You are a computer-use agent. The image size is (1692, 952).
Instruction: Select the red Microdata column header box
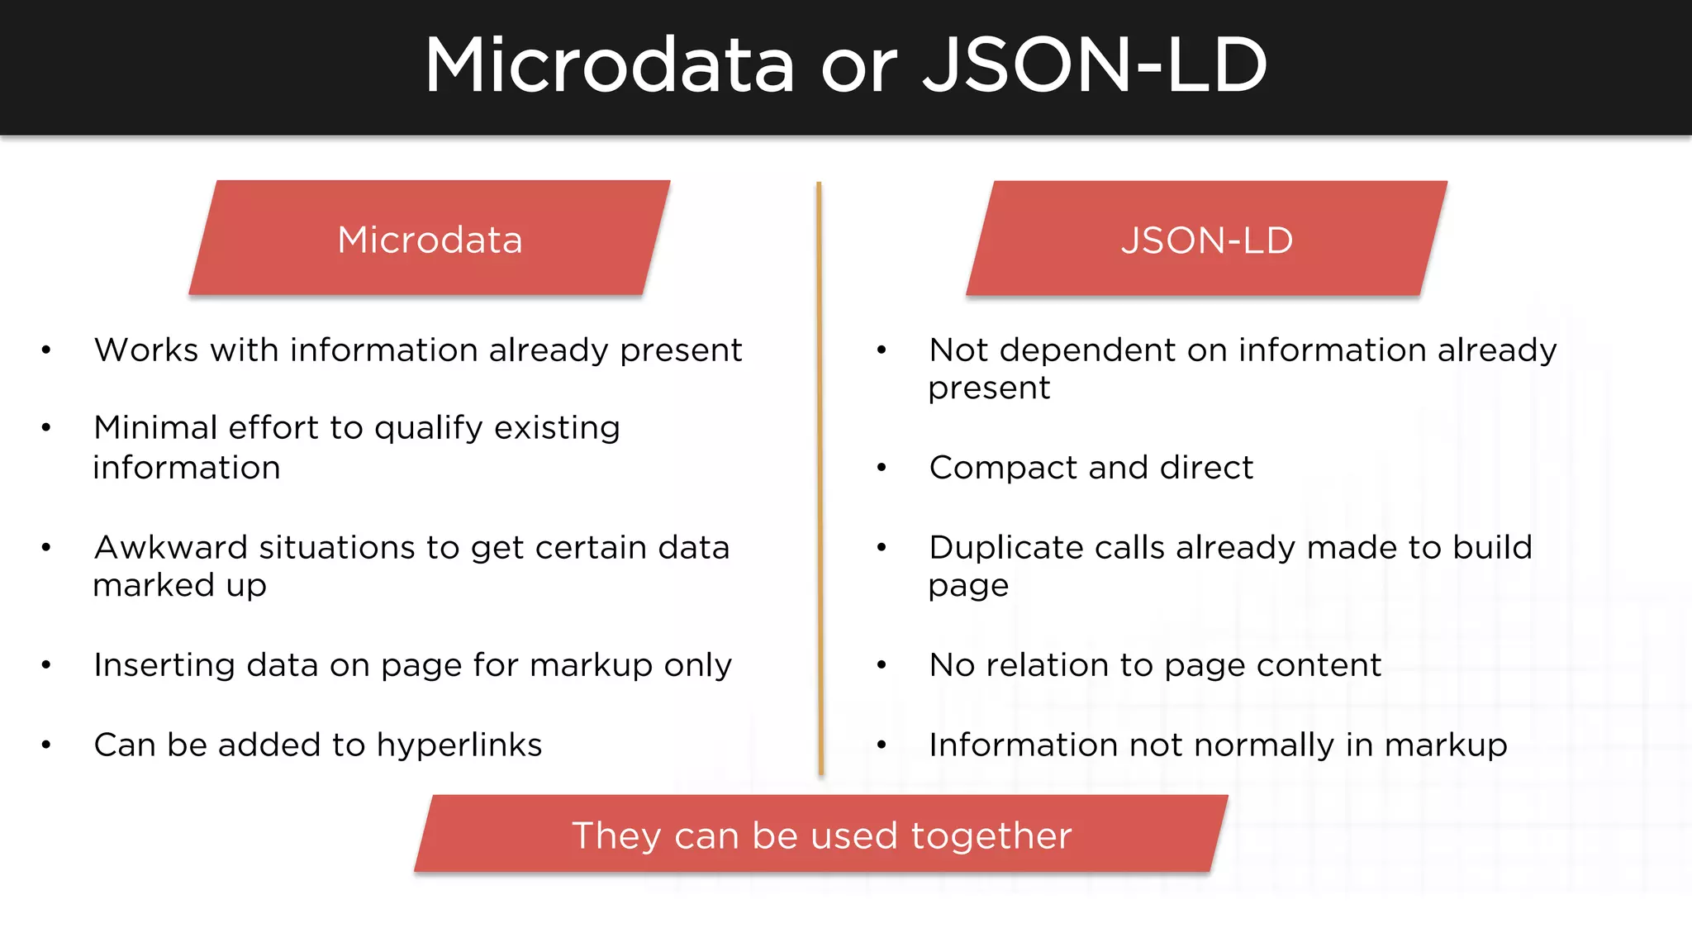(x=430, y=238)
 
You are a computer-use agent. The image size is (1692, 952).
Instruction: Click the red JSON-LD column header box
(x=1207, y=239)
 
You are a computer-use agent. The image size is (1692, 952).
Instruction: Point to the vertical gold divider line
(x=820, y=479)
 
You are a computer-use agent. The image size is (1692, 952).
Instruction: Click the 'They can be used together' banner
(x=821, y=835)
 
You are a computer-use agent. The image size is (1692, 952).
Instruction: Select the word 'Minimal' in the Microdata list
(x=155, y=428)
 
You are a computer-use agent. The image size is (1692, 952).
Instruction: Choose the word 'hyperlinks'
(x=459, y=745)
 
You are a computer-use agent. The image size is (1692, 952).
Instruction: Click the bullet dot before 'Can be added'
(x=46, y=745)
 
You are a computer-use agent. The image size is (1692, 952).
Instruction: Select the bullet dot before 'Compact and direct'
(x=882, y=468)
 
